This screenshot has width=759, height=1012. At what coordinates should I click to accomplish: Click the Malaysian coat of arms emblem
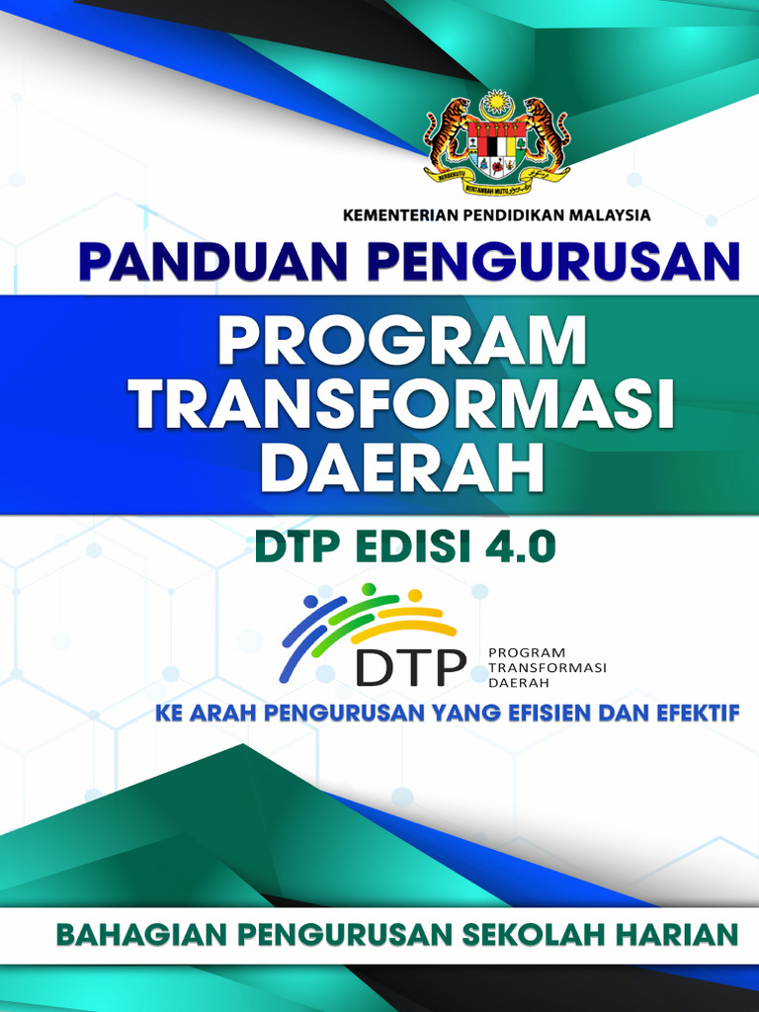point(497,142)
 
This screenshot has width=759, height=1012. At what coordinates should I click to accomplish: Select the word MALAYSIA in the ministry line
point(608,213)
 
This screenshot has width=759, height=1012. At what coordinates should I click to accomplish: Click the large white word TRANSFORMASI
point(404,407)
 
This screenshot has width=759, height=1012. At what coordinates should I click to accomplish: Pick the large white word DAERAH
point(402,469)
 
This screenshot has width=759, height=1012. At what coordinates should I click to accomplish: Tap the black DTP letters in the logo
point(411,666)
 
